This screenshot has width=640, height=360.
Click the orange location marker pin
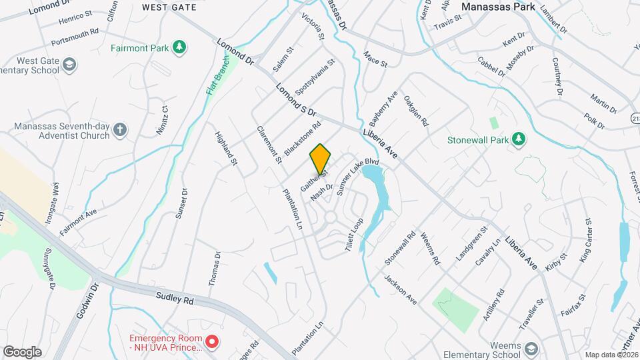tap(320, 159)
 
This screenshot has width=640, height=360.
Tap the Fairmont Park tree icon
tap(179, 47)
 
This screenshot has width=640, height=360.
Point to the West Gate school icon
tap(70, 64)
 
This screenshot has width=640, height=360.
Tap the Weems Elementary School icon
tap(531, 349)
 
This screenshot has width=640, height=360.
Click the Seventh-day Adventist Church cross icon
tap(119, 129)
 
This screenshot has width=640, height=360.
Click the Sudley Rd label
tap(175, 299)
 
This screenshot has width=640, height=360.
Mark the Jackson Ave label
tap(400, 289)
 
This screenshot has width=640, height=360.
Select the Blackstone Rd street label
tap(303, 138)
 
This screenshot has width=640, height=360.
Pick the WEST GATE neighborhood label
tap(169, 7)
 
